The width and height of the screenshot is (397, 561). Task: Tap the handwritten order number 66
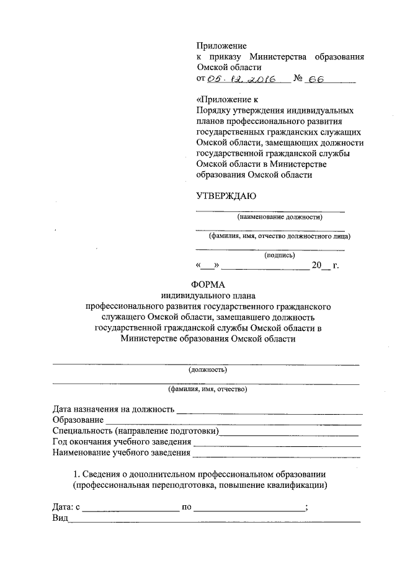(x=316, y=79)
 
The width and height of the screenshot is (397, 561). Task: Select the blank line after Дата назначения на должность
(x=269, y=410)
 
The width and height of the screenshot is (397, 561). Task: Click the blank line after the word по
(x=249, y=508)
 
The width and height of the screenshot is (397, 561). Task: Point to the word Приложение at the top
(x=221, y=46)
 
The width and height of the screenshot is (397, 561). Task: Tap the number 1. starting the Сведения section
(x=77, y=474)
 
